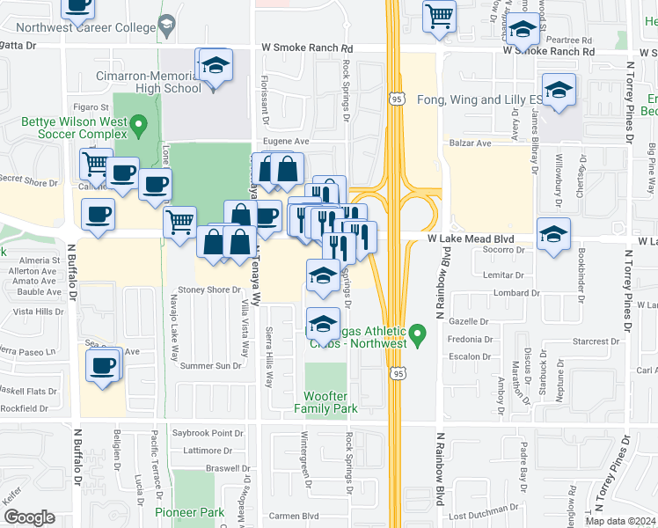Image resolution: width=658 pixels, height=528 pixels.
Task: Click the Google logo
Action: (x=28, y=517)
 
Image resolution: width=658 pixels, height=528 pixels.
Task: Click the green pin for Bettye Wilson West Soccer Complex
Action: (x=137, y=129)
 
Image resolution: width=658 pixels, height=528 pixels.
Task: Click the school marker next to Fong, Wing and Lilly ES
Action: (x=558, y=92)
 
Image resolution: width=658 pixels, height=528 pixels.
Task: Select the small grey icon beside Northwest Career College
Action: (x=165, y=28)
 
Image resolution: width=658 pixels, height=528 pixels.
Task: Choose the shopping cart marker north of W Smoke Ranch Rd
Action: (x=439, y=16)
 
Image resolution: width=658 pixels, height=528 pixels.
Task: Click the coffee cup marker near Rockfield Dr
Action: (x=103, y=365)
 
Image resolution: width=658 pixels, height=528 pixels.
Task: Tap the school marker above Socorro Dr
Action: (x=553, y=235)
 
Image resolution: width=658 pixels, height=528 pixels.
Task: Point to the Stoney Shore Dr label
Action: (x=209, y=290)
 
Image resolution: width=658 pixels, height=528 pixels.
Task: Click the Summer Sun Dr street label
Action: (x=209, y=365)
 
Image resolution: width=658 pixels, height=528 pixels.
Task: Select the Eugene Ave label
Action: (x=288, y=141)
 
